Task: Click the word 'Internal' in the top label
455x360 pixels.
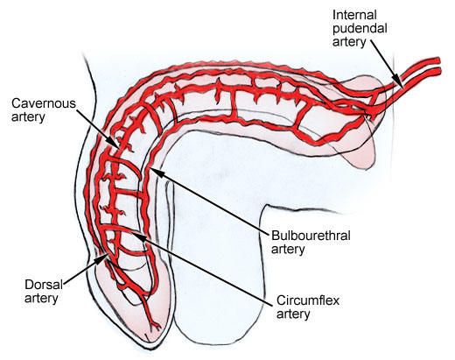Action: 351,15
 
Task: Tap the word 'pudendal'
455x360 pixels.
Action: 360,29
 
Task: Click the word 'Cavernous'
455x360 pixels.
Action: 44,103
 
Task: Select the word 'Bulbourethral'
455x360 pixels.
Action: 311,236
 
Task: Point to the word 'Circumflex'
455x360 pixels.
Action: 308,300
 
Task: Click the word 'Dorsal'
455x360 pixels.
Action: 44,285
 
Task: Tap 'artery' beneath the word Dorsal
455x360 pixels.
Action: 41,299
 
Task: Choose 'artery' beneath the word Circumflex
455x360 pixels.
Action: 293,314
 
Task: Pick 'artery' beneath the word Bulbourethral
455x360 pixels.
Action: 288,250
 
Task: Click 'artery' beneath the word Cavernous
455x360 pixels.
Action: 28,117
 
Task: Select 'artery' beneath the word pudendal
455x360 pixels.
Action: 349,42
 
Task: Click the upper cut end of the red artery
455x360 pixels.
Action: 437,60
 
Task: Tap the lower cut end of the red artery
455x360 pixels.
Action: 438,71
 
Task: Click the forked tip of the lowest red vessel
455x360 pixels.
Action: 155,326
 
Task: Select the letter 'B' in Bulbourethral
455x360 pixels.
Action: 275,236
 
